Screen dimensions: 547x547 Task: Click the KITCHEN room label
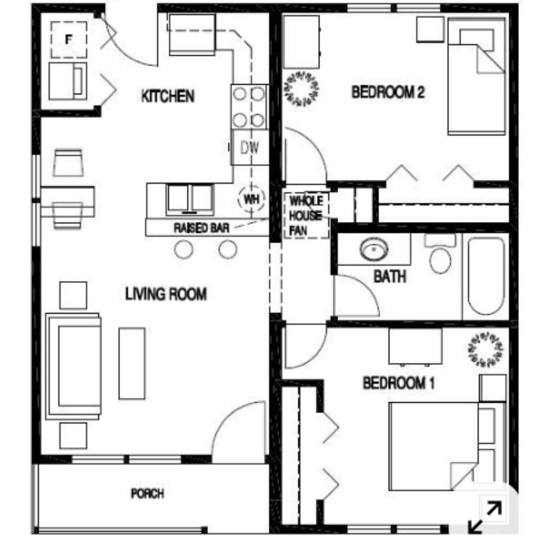click(x=168, y=96)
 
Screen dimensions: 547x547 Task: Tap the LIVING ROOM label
click(x=166, y=294)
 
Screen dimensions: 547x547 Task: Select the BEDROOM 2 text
click(x=388, y=92)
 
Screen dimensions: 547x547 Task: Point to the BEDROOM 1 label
click(x=399, y=383)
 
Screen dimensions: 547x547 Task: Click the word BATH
click(x=390, y=277)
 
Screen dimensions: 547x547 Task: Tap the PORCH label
click(x=147, y=493)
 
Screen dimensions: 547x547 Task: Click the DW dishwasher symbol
click(x=250, y=147)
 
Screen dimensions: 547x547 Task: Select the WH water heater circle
click(x=251, y=199)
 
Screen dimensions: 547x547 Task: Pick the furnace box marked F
click(x=69, y=40)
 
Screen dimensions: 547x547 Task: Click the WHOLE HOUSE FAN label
click(x=306, y=216)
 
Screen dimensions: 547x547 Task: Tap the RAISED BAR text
click(x=201, y=228)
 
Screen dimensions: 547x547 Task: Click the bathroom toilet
click(x=440, y=253)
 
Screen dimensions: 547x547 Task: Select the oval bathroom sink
click(x=374, y=249)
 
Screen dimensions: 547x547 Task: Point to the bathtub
click(x=486, y=277)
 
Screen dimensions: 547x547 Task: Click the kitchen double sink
click(x=190, y=200)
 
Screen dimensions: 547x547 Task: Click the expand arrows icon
click(x=485, y=517)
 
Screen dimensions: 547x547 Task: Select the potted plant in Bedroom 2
click(x=302, y=88)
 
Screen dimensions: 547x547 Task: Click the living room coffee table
click(x=132, y=363)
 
